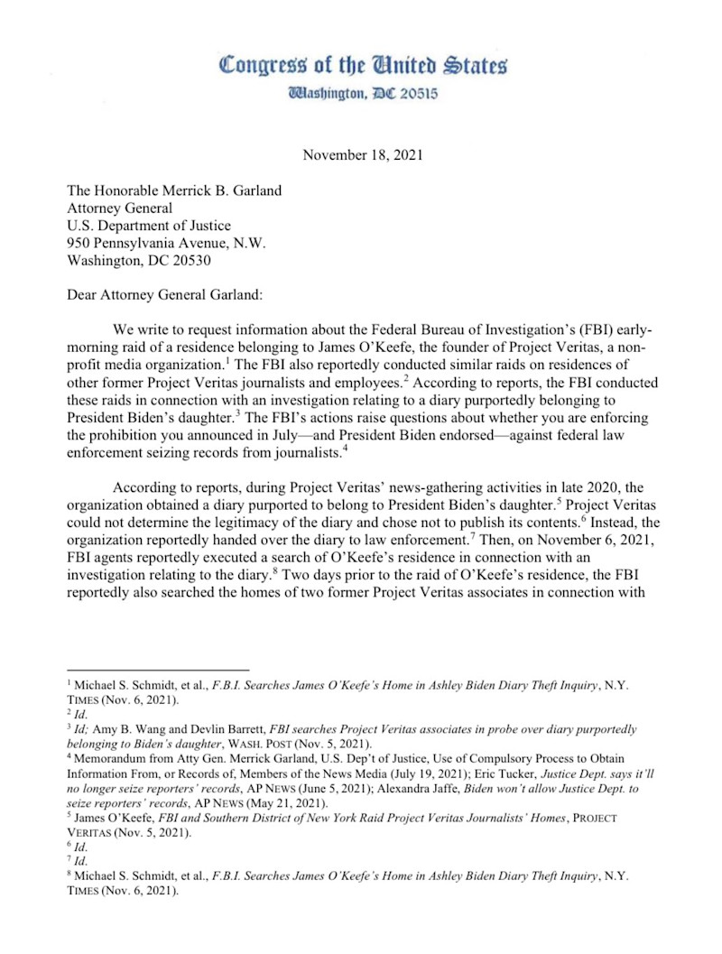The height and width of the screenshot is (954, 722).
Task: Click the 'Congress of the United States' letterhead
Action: pyautogui.click(x=363, y=65)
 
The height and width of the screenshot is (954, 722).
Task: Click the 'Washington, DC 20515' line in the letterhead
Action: pyautogui.click(x=362, y=93)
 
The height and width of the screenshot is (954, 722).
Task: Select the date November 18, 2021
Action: pyautogui.click(x=363, y=154)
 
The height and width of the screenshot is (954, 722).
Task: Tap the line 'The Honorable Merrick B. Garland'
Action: pyautogui.click(x=174, y=190)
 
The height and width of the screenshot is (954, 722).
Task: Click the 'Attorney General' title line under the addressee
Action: pyautogui.click(x=123, y=208)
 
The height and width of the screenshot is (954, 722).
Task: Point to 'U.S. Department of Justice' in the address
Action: pyautogui.click(x=150, y=226)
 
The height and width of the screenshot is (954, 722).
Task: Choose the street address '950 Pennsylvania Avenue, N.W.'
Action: pyautogui.click(x=168, y=244)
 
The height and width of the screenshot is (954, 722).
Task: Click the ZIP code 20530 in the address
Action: pyautogui.click(x=208, y=261)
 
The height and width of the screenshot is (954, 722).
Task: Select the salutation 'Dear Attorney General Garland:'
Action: pyautogui.click(x=170, y=296)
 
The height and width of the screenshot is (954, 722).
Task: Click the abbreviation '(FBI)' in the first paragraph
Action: pyautogui.click(x=573, y=331)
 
